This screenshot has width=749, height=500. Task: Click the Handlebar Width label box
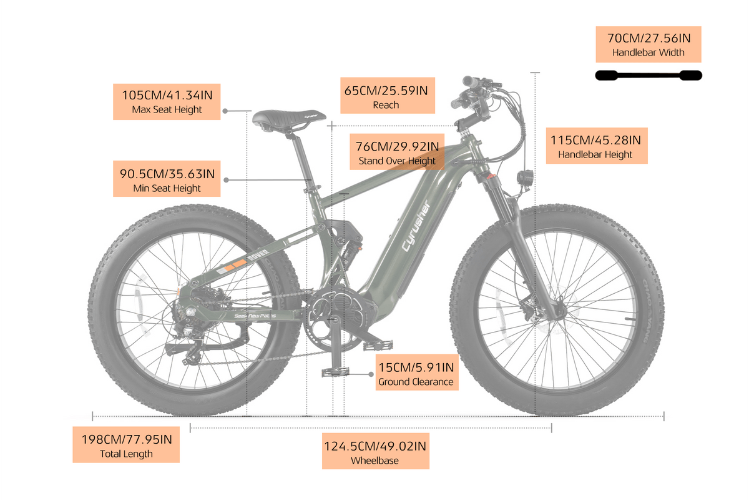648,44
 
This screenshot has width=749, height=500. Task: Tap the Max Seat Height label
167,101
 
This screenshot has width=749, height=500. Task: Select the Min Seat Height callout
167,179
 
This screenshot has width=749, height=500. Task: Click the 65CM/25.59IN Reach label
387,96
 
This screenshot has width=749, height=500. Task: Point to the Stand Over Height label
397,152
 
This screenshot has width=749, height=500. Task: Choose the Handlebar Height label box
597,146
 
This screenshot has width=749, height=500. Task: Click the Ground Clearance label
417,372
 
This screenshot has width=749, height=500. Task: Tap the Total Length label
126,444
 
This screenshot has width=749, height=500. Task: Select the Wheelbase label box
376,451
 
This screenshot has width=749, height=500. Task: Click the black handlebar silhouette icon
649,76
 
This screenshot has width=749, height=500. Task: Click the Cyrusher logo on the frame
416,226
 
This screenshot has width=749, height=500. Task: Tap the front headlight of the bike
525,176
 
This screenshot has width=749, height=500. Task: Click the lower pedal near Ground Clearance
335,371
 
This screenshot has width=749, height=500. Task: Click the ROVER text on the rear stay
258,255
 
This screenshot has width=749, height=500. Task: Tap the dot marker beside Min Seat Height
226,180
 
